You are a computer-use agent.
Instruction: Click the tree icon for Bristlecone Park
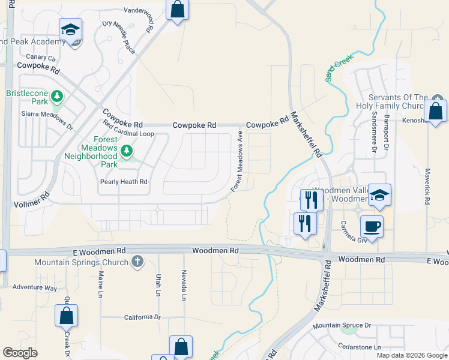click(57, 96)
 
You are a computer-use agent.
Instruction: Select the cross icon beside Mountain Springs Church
click(137, 262)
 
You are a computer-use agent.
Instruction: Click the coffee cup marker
click(371, 227)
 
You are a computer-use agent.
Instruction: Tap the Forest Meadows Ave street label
click(238, 162)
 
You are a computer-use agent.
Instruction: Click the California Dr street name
click(143, 317)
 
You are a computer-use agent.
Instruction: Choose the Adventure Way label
click(35, 287)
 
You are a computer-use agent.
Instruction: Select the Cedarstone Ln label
click(360, 347)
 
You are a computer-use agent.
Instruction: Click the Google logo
click(20, 352)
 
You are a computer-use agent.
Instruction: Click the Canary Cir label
click(38, 59)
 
